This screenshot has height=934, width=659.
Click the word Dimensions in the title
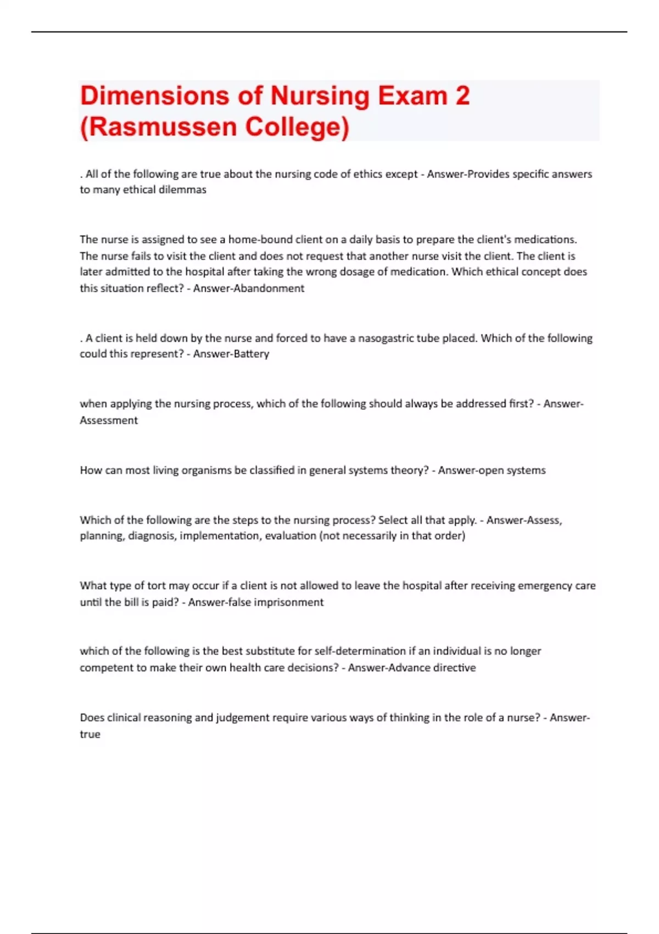[154, 96]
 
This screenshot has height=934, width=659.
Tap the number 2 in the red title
[462, 96]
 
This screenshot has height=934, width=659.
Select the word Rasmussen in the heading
[164, 126]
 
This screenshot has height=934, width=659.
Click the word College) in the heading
[297, 126]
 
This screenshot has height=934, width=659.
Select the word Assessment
[109, 420]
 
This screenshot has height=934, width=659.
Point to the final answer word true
[90, 735]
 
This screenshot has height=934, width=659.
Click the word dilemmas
[182, 190]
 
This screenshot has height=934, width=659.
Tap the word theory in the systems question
[406, 470]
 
